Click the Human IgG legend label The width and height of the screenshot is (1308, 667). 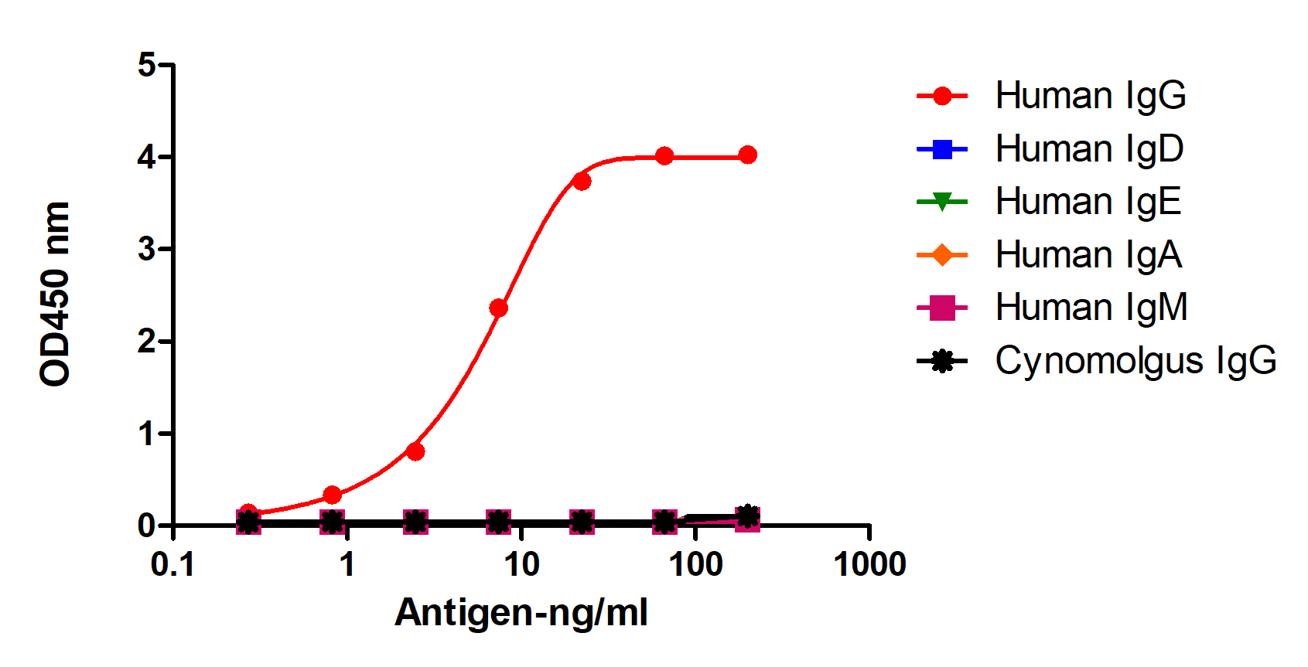tap(1090, 96)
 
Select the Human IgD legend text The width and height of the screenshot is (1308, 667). tap(1089, 149)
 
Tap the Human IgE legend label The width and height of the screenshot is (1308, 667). tap(1088, 202)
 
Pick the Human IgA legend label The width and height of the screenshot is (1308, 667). tap(1088, 255)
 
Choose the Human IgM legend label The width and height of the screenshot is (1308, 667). tap(1091, 308)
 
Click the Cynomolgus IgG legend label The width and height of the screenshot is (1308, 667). tap(1135, 361)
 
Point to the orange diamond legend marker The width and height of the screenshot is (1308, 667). tap(942, 255)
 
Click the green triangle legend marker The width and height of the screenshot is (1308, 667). tap(942, 202)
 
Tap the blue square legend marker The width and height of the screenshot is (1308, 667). tap(942, 149)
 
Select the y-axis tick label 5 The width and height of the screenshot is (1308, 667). tap(147, 65)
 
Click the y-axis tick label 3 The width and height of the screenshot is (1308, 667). tap(147, 249)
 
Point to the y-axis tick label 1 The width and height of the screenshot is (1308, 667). tap(147, 434)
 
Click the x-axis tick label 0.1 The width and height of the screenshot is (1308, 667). tap(172, 565)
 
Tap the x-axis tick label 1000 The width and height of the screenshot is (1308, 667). tap(869, 565)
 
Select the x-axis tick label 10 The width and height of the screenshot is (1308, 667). tap(521, 565)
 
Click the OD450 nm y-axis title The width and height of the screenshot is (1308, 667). tap(56, 294)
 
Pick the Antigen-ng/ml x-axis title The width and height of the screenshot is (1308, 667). tap(521, 613)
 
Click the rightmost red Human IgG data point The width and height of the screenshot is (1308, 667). tap(747, 155)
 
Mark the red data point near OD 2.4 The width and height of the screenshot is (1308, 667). tap(499, 308)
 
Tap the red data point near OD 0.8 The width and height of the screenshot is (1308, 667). tap(415, 451)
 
